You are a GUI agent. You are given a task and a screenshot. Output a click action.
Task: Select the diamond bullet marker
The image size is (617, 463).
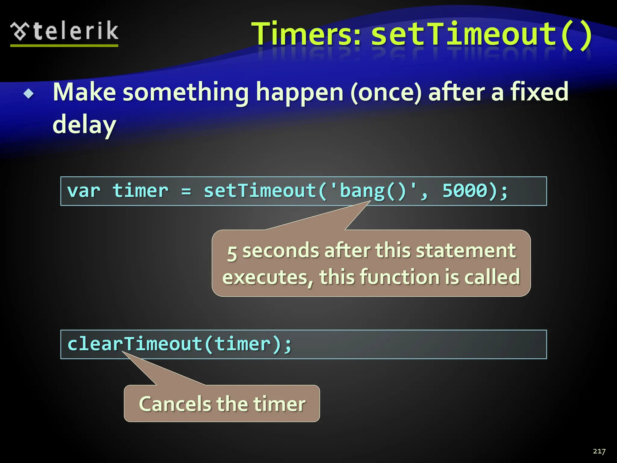(x=29, y=94)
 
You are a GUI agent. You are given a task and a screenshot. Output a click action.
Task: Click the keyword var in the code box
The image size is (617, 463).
(x=83, y=191)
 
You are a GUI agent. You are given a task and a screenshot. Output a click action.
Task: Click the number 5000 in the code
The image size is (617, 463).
(x=465, y=191)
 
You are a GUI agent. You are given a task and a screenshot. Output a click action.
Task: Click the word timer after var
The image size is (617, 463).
(x=140, y=191)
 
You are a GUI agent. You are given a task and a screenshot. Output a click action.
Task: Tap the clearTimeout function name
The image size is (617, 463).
(x=135, y=344)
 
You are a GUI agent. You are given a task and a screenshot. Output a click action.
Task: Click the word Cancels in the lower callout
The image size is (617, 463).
(x=175, y=404)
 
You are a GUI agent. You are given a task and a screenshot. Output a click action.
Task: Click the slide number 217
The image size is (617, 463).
(x=599, y=451)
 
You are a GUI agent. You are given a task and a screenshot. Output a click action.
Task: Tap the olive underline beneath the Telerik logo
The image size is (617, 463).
(x=64, y=46)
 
